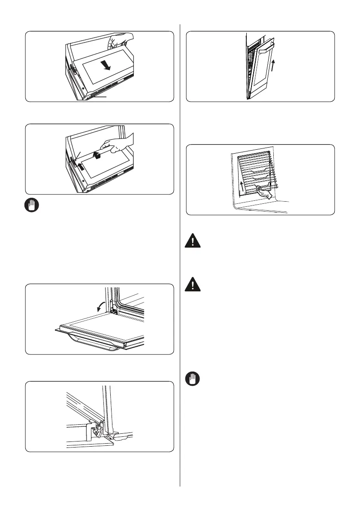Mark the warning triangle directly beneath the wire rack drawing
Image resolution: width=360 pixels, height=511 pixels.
point(193,241)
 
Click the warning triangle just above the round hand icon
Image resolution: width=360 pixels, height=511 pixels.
point(193,284)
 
